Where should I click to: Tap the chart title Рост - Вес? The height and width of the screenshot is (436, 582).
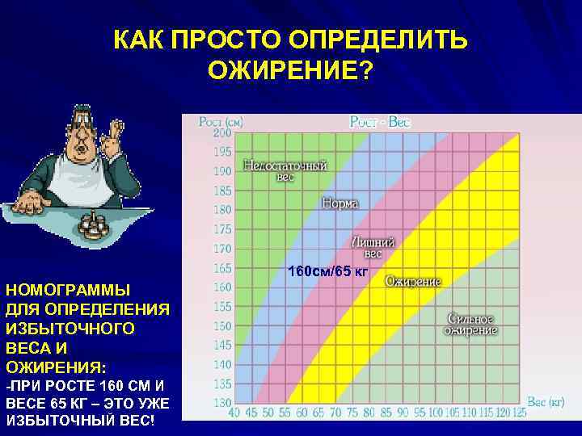[380, 122]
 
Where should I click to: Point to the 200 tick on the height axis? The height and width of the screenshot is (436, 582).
[221, 132]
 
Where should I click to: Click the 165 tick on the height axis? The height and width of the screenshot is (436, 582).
[221, 268]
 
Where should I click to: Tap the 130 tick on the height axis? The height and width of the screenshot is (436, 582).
[221, 404]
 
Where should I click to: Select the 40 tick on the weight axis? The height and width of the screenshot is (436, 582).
[234, 414]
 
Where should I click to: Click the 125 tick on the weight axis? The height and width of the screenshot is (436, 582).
[518, 414]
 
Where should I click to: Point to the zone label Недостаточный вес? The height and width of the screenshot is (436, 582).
[285, 170]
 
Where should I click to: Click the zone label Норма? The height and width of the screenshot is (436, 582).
[340, 204]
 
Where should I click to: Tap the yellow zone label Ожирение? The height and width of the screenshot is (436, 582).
[412, 282]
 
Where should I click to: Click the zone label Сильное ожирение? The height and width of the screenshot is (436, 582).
[469, 325]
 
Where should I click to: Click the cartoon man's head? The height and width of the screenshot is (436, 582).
[79, 130]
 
